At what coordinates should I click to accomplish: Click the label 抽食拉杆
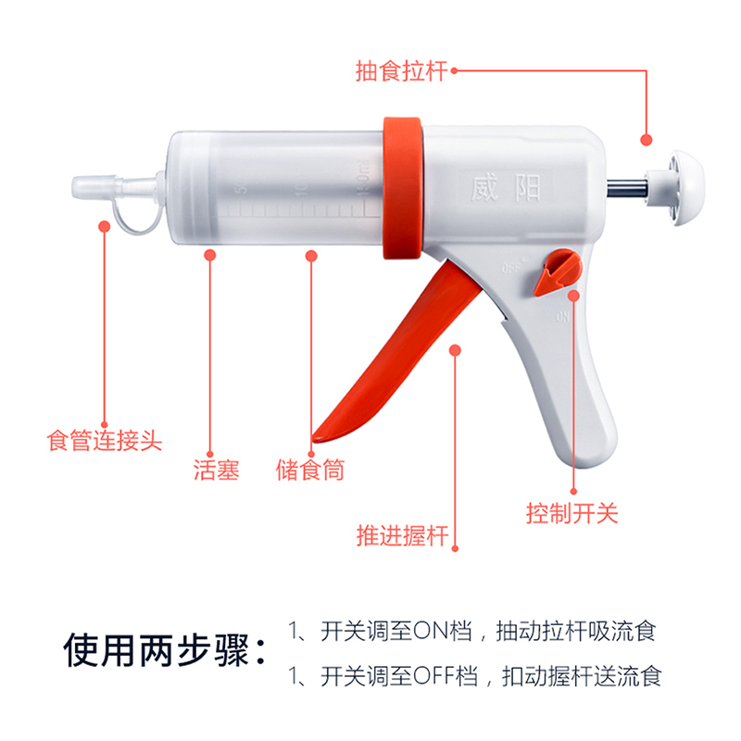tap(401, 70)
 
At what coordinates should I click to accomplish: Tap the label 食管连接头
tap(104, 439)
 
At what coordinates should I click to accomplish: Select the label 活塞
tap(216, 470)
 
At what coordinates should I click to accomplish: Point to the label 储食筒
tap(310, 470)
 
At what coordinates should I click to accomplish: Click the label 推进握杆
tap(402, 535)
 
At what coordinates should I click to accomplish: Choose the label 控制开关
tap(571, 512)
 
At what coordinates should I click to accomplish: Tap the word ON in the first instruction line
tap(430, 633)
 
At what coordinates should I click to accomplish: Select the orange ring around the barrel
tap(404, 190)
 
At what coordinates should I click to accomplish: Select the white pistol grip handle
tap(574, 408)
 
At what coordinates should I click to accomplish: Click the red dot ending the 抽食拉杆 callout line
tap(646, 138)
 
